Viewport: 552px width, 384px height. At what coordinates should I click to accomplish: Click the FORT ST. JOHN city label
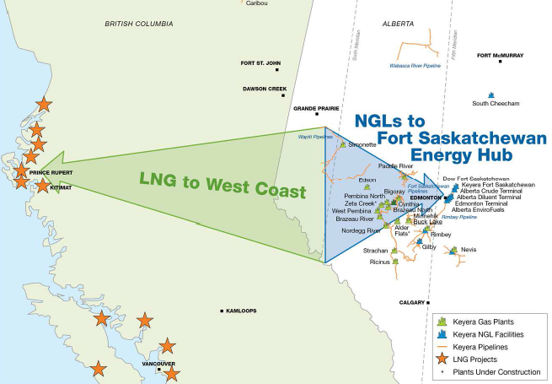click(260, 62)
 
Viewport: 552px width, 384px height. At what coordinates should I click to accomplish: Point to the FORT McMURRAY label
click(500, 56)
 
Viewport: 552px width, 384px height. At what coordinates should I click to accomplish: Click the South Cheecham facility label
click(496, 104)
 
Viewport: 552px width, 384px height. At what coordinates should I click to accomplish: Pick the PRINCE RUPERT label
click(51, 172)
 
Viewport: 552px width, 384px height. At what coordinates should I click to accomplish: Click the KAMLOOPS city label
click(244, 311)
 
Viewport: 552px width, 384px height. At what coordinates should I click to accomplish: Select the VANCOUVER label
click(158, 364)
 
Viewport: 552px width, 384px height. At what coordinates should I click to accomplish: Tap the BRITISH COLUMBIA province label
click(140, 24)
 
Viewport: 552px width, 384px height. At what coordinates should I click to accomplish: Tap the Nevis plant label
click(469, 250)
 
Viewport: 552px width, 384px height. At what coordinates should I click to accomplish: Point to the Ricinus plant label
click(381, 262)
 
